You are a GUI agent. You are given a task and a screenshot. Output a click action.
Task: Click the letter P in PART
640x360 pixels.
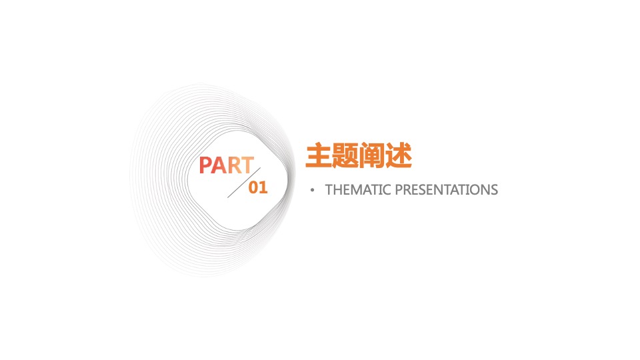(206, 166)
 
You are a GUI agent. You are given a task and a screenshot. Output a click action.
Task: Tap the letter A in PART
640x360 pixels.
(220, 166)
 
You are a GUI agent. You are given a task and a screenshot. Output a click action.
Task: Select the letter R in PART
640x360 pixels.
(234, 166)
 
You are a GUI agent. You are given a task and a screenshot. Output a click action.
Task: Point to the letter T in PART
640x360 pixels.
(247, 166)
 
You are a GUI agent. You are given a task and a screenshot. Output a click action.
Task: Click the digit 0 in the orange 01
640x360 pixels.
(253, 188)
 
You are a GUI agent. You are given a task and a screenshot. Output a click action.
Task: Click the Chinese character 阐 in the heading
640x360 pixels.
(371, 155)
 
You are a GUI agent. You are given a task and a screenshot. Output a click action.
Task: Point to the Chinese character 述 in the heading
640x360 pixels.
(398, 155)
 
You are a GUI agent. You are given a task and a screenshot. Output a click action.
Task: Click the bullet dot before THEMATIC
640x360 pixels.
(312, 191)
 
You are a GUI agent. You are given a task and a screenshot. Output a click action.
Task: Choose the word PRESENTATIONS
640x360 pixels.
(447, 190)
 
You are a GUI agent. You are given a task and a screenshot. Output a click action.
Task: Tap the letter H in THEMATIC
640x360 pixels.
(337, 190)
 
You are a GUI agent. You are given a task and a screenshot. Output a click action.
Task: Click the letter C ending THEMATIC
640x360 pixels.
(387, 190)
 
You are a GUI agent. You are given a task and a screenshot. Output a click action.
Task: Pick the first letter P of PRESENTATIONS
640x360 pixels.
(399, 190)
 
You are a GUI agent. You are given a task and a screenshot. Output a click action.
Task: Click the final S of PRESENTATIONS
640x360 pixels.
(494, 190)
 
